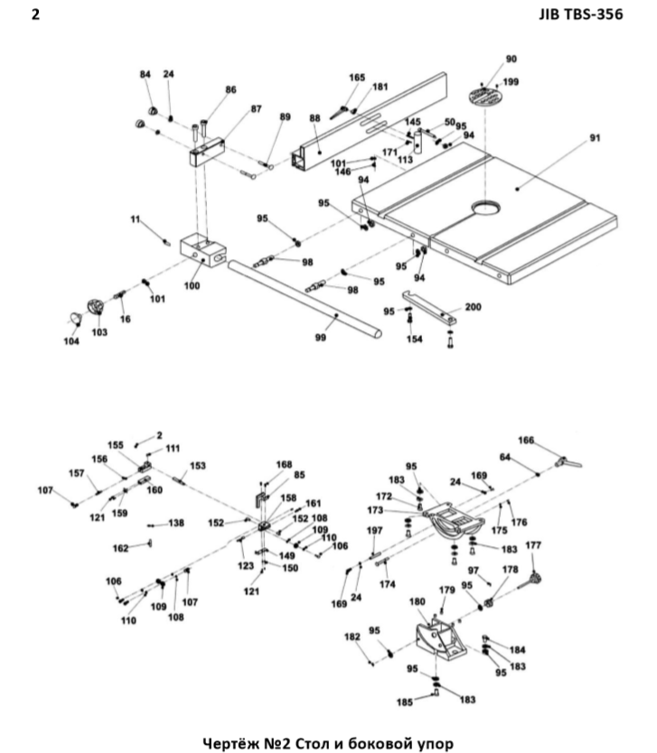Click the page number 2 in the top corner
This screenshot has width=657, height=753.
(34, 14)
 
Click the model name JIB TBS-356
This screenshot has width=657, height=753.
(574, 14)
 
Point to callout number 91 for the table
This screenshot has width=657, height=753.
(595, 138)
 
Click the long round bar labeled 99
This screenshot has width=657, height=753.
(307, 299)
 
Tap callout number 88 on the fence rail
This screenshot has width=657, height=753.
(314, 118)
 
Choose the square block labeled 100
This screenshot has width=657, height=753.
(202, 249)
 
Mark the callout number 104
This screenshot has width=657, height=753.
(70, 341)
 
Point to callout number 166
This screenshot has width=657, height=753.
(526, 440)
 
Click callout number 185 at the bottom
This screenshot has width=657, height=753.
(407, 701)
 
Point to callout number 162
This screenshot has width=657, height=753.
(120, 547)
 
